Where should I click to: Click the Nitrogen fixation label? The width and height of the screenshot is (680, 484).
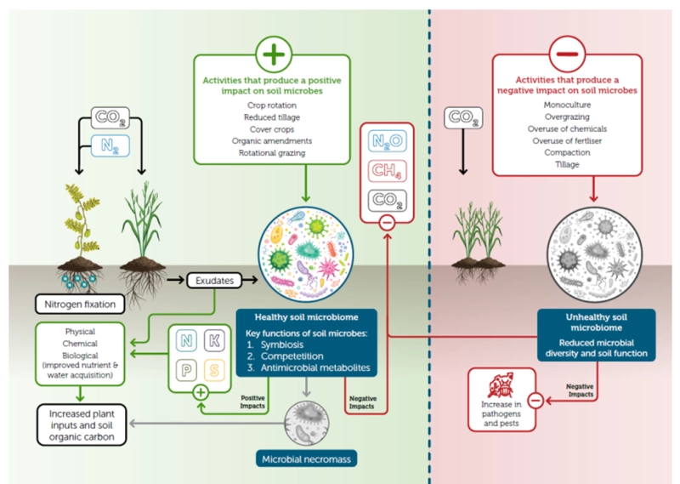74,301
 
